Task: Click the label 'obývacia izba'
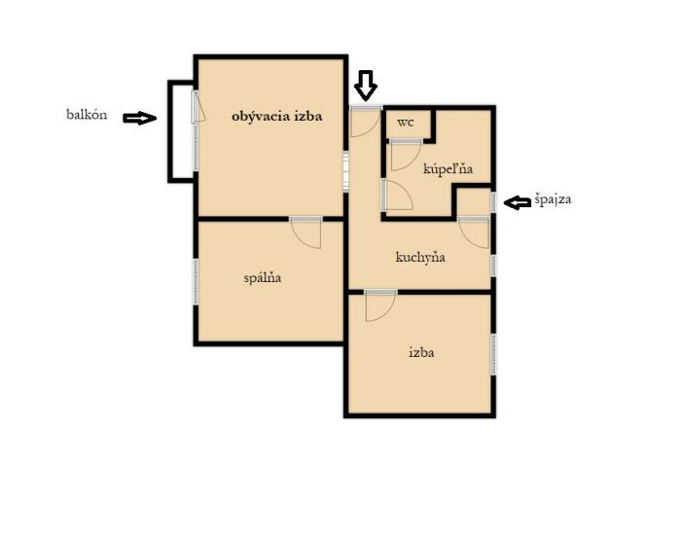pyautogui.click(x=276, y=117)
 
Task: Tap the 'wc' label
pyautogui.click(x=406, y=123)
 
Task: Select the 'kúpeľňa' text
pyautogui.click(x=448, y=169)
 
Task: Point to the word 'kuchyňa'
pyautogui.click(x=420, y=257)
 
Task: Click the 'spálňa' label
pyautogui.click(x=263, y=277)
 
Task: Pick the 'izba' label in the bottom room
pyautogui.click(x=421, y=352)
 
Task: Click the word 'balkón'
pyautogui.click(x=87, y=115)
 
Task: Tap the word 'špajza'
pyautogui.click(x=553, y=199)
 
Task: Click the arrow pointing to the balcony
pyautogui.click(x=139, y=118)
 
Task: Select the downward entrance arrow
pyautogui.click(x=365, y=86)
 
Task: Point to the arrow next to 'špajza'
pyautogui.click(x=518, y=202)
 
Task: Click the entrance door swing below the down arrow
pyautogui.click(x=366, y=122)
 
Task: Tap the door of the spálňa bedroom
pyautogui.click(x=305, y=232)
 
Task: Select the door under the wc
pyautogui.click(x=406, y=155)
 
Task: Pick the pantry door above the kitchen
pyautogui.click(x=475, y=232)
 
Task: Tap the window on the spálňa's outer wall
pyautogui.click(x=196, y=281)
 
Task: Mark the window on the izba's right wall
pyautogui.click(x=493, y=354)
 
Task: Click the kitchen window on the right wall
pyautogui.click(x=493, y=266)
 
